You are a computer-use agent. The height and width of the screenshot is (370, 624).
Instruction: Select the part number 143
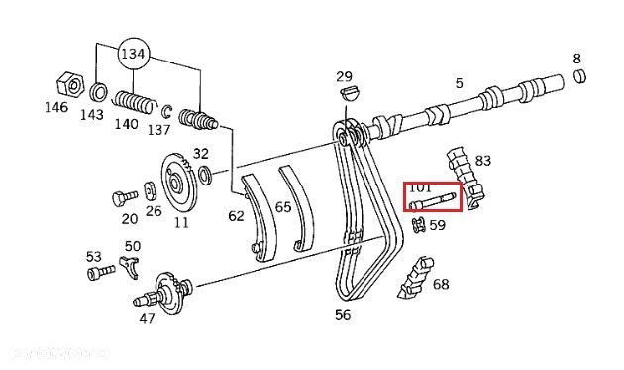[x=93, y=113]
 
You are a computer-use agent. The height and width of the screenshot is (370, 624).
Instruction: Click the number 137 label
[x=158, y=129]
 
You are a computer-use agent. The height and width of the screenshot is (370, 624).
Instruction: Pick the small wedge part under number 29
[x=345, y=94]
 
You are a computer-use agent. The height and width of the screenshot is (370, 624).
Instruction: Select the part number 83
[x=483, y=159]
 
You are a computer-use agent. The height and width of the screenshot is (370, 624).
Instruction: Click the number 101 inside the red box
[x=420, y=187]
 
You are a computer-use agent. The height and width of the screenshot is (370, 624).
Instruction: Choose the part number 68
[x=440, y=285]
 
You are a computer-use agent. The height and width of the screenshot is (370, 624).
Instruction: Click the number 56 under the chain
[x=342, y=315]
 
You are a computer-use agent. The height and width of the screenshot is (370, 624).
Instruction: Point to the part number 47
[x=147, y=318]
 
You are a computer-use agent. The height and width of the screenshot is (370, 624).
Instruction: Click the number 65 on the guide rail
[x=283, y=208]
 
